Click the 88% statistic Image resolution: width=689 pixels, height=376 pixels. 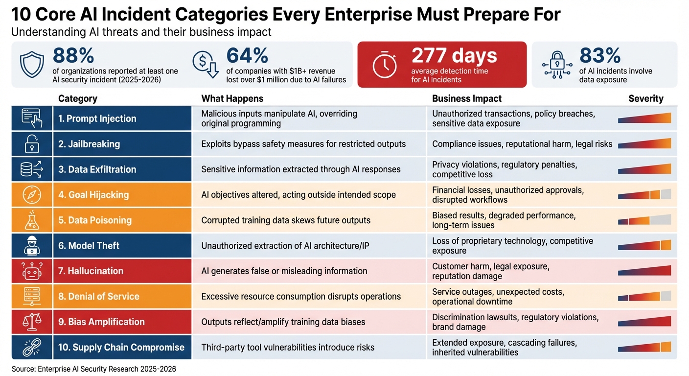click(73, 56)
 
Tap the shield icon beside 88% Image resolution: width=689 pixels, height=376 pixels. click(32, 65)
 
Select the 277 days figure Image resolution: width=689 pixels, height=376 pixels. click(454, 56)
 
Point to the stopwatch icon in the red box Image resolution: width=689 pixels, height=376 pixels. click(385, 65)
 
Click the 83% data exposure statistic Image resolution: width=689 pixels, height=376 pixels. click(600, 56)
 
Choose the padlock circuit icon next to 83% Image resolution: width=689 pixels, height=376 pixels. click(557, 65)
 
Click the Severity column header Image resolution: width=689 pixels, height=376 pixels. click(645, 98)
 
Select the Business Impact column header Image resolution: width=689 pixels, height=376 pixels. click(467, 98)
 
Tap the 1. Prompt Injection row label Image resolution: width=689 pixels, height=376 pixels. click(97, 118)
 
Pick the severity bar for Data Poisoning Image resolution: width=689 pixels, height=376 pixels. click(644, 220)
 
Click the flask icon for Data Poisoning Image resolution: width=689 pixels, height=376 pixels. click(32, 220)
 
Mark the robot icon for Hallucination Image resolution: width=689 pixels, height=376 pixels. click(32, 271)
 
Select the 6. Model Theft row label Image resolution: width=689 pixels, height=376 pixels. click(89, 246)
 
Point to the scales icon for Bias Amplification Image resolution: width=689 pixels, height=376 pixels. click(32, 322)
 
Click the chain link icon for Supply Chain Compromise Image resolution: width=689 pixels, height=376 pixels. click(32, 347)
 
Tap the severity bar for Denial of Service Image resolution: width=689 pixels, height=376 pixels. click(644, 296)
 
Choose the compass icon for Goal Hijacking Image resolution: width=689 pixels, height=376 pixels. click(32, 195)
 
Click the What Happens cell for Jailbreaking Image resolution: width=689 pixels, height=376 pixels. click(303, 144)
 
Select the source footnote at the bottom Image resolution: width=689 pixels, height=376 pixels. click(93, 369)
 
